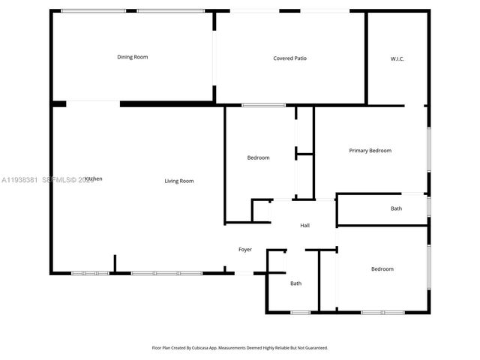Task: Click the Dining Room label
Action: [x=132, y=57]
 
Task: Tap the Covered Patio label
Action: [x=289, y=58]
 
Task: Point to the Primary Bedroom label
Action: [x=370, y=151]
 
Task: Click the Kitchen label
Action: [x=93, y=178]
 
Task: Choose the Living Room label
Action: [x=179, y=181]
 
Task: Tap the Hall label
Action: [x=305, y=225]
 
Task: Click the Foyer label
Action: [x=245, y=249]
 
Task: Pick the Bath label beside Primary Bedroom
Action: [x=396, y=208]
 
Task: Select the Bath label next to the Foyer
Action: [x=295, y=283]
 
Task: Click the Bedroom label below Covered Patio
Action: [x=258, y=157]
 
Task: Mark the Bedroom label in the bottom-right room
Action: [x=382, y=268]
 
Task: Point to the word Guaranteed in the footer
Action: [x=315, y=348]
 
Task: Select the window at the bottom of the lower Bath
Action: [x=300, y=312]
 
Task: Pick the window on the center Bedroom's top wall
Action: [x=263, y=105]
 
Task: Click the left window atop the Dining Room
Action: [x=93, y=10]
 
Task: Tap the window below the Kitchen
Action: [x=90, y=273]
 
